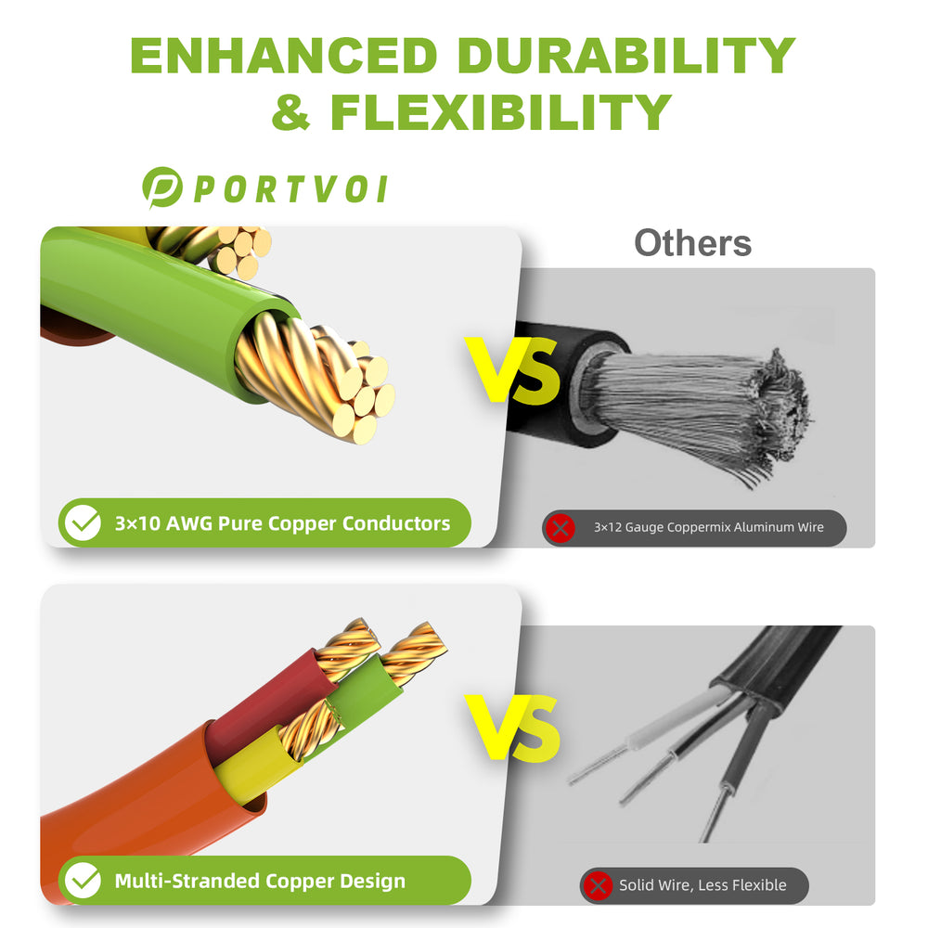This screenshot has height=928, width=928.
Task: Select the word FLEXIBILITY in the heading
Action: click(501, 112)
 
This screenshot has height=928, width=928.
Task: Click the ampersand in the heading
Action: click(290, 112)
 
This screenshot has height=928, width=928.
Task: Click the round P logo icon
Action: click(161, 187)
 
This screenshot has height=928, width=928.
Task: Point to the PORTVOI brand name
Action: click(290, 189)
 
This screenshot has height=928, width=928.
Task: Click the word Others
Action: click(692, 242)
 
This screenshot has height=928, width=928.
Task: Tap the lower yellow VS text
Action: click(512, 728)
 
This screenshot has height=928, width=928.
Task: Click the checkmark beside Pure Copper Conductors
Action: click(83, 522)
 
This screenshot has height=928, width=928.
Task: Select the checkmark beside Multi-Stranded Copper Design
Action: click(83, 880)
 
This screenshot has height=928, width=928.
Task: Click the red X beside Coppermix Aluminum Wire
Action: click(561, 527)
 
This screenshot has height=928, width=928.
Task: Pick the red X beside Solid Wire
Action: click(598, 885)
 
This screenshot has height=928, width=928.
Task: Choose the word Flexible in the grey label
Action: click(759, 884)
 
